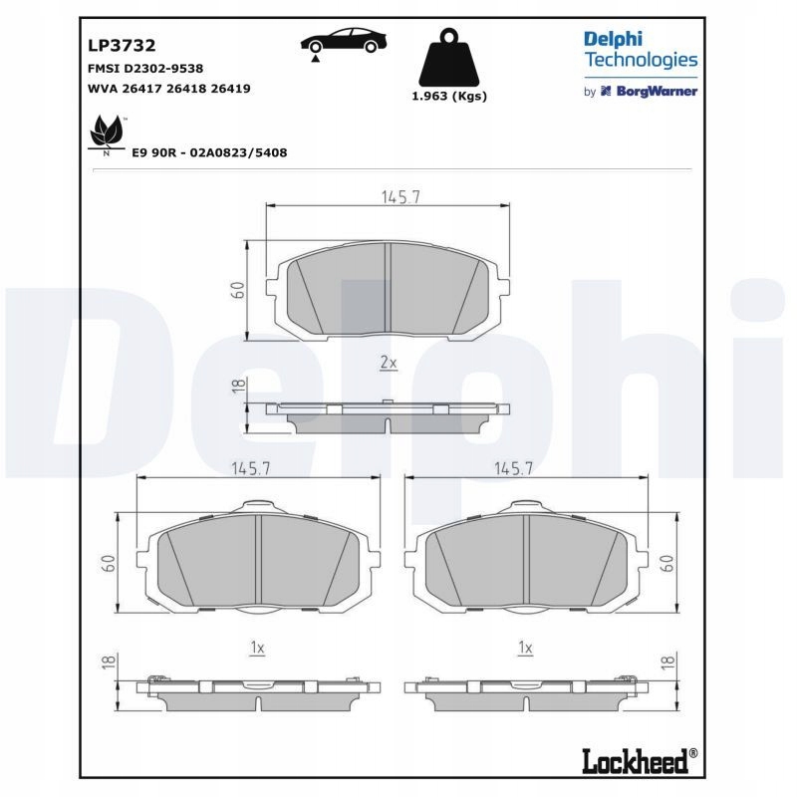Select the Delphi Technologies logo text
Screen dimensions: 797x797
[x=640, y=49]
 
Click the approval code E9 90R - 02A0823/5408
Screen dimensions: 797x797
[x=210, y=152]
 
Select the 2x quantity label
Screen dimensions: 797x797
[x=389, y=364]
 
